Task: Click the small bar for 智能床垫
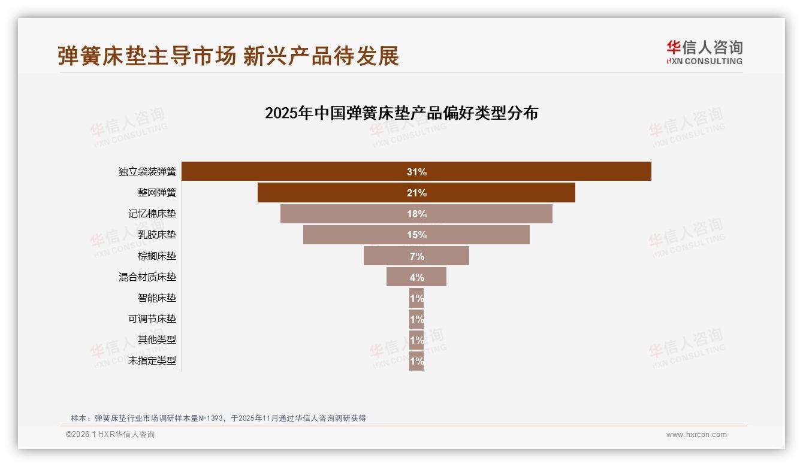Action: (x=416, y=298)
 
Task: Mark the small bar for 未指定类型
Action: (x=416, y=361)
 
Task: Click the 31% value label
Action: (x=416, y=172)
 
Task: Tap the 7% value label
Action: (x=416, y=256)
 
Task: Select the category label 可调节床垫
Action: (x=152, y=319)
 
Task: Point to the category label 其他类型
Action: (x=157, y=340)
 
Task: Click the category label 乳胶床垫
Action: (x=157, y=235)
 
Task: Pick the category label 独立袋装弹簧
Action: (x=147, y=172)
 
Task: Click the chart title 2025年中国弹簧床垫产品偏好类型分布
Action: (x=402, y=113)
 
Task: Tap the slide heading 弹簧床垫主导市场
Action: (x=147, y=56)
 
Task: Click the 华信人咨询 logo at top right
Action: (x=704, y=52)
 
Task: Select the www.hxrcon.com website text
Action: (x=696, y=435)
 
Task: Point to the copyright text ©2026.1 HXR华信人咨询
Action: (x=110, y=435)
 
